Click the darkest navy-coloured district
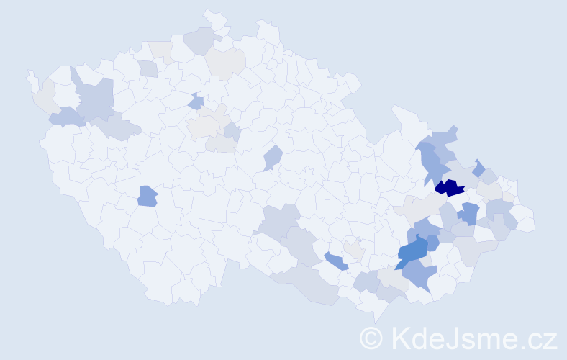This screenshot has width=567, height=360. pos(450,188)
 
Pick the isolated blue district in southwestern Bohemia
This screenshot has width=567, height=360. pos(147,195)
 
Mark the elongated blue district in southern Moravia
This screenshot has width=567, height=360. pos(335,261)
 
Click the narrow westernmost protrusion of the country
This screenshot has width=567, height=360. pos(31,78)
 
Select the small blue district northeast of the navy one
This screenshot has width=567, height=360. pos(478,167)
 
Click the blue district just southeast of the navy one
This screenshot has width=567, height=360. pos(469,213)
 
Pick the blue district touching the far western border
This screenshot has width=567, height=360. pos(65,116)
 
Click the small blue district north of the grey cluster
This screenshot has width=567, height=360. pos(195,102)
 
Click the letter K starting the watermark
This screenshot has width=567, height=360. pos(400,337)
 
